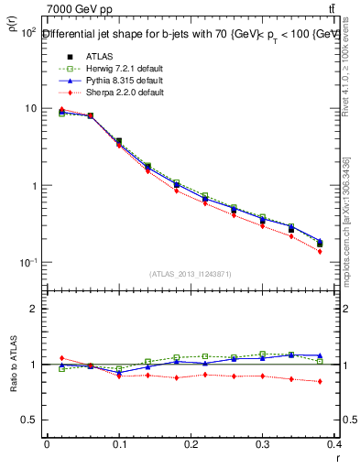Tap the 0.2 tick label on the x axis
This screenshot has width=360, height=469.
tap(191, 444)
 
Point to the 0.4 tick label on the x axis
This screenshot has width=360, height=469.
tap(334, 444)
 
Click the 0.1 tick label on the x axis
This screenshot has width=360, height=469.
tap(118, 444)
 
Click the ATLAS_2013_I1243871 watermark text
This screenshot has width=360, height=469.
tap(190, 273)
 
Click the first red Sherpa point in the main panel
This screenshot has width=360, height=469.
tap(61, 109)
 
